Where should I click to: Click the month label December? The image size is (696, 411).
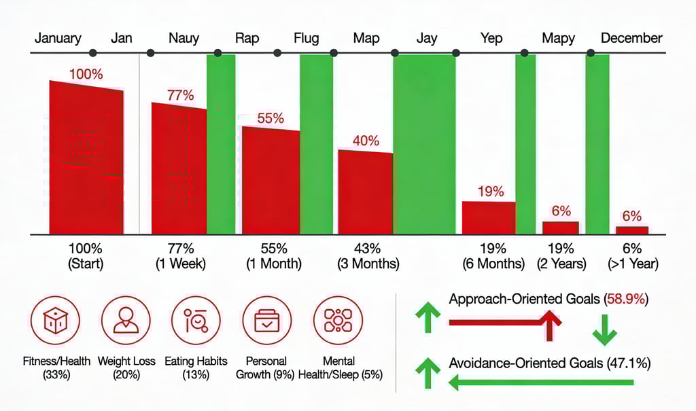pos(631,38)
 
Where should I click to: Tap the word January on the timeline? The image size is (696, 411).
pos(58,38)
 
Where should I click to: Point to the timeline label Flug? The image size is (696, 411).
pos(307,38)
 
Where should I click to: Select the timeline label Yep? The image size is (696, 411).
pos(492,38)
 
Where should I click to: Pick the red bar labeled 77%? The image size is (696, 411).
pos(179,170)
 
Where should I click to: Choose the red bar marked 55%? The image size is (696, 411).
pos(271,181)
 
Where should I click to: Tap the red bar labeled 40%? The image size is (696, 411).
pos(365,193)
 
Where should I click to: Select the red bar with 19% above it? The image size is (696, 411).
pos(488,217)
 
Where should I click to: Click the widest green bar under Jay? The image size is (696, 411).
pos(424,145)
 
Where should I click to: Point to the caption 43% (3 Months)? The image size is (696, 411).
pos(366,255)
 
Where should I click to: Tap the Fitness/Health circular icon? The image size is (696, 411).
pos(56,321)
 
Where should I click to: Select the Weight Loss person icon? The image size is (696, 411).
pos(126,321)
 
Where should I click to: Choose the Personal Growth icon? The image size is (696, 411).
pos(266,321)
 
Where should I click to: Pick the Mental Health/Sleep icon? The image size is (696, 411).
pos(338,321)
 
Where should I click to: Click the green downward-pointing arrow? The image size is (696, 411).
pos(604,329)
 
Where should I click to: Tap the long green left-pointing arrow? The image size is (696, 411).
pos(541,384)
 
